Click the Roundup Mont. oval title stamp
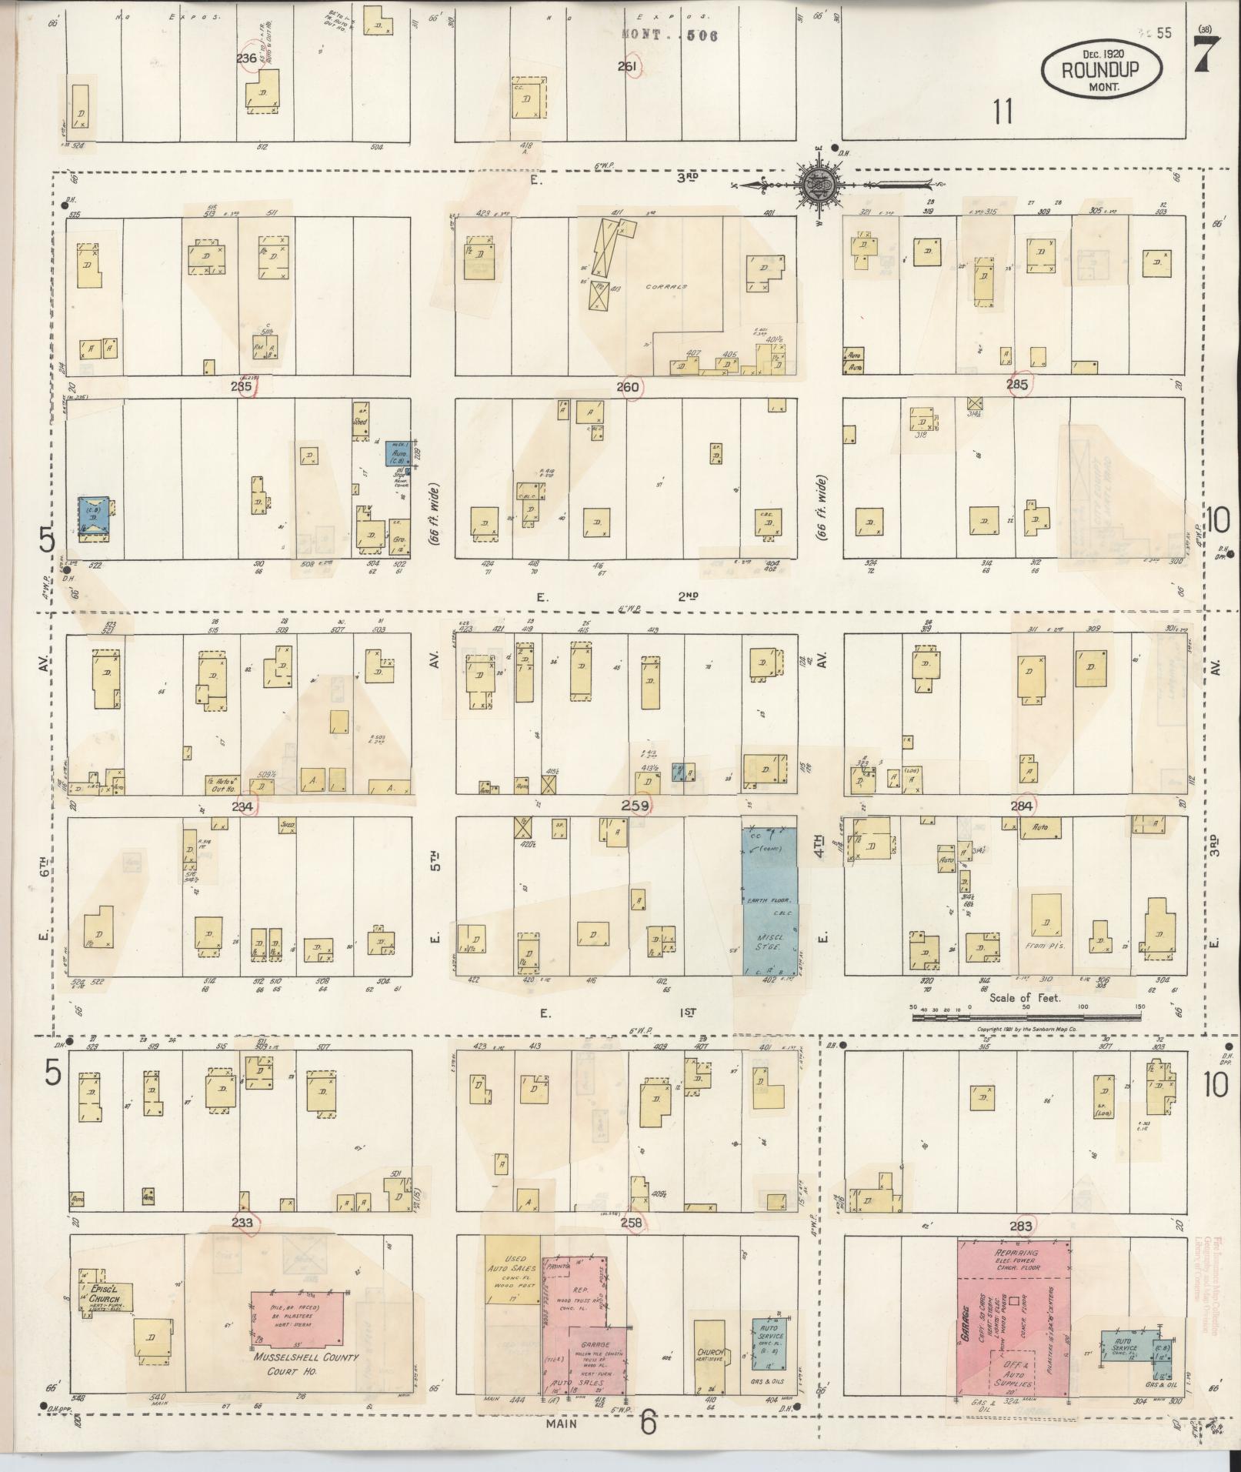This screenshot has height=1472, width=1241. point(1101,69)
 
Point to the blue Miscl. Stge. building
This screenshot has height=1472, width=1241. point(769,902)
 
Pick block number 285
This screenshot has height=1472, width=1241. point(1016,386)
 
